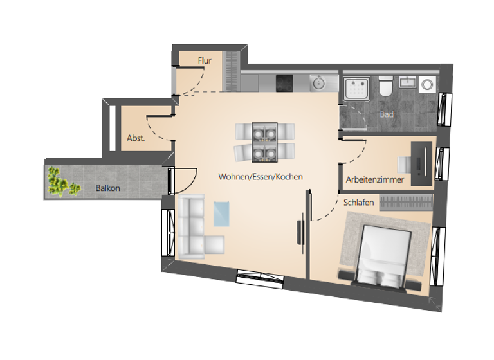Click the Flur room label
pos(205,61)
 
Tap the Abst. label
pos(136,138)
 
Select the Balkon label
pos(108,188)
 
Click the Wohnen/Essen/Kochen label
pos(261,176)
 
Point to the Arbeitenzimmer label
pos(374,180)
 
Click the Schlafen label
pos(359,202)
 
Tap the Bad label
pos(387,114)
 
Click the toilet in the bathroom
pos(385,85)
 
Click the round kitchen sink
pos(317,82)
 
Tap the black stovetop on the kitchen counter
pos(284,82)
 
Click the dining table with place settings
pos(264,141)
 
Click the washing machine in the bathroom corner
pos(426,84)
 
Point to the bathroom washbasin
pos(407,82)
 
